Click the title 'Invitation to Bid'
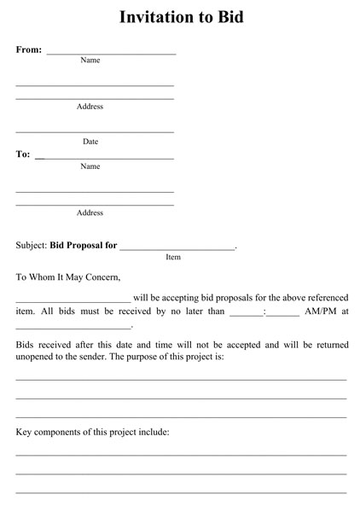click(x=181, y=16)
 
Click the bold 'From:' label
click(x=28, y=49)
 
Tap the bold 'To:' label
click(x=23, y=154)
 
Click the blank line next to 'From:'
click(x=111, y=53)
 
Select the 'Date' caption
click(x=90, y=142)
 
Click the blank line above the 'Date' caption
click(x=95, y=131)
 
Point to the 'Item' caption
click(x=173, y=257)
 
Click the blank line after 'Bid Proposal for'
click(x=177, y=247)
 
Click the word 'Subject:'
click(x=32, y=245)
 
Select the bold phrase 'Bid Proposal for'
click(x=84, y=245)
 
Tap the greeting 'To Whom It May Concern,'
click(x=68, y=276)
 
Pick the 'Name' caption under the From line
click(x=90, y=61)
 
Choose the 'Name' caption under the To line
click(x=90, y=166)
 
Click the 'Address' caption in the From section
click(x=90, y=107)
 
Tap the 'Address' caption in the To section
click(x=90, y=212)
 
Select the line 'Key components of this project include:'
click(x=93, y=432)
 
